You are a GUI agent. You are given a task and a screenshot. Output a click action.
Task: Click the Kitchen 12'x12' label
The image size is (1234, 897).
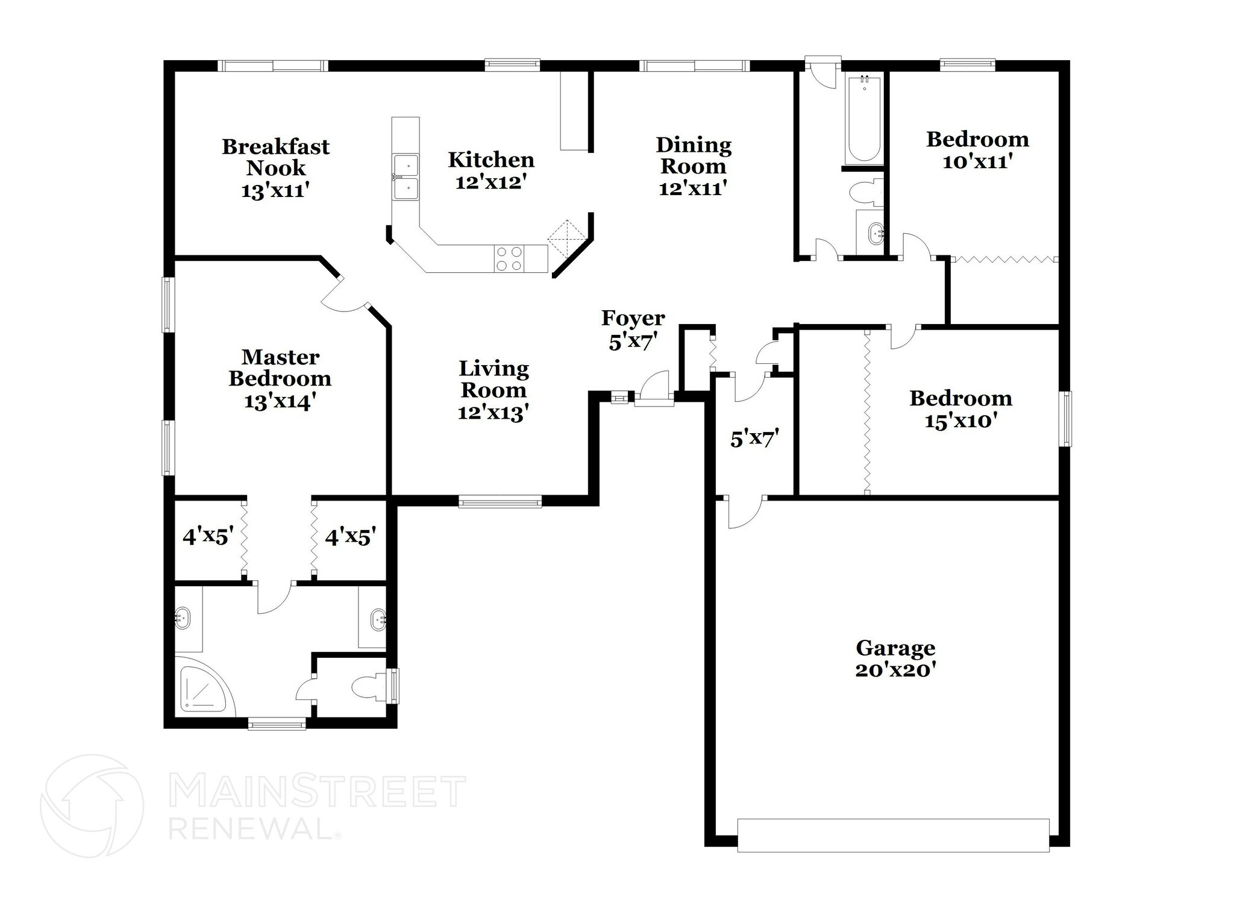(491, 170)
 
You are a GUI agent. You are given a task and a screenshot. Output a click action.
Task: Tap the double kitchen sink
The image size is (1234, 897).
(405, 176)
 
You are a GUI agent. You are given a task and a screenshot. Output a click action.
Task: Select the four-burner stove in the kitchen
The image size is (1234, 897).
(509, 259)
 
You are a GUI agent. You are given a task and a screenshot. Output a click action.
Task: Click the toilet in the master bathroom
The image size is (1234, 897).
(368, 687)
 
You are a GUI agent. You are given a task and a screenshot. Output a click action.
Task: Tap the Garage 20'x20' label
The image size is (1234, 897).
(895, 658)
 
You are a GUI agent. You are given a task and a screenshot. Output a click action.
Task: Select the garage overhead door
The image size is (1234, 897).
(893, 834)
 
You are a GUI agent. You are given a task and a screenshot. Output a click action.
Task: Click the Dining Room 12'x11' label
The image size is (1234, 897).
(693, 166)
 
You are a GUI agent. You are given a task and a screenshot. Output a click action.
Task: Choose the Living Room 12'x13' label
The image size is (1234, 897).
(493, 390)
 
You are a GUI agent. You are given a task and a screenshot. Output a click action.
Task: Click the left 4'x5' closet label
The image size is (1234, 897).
(208, 536)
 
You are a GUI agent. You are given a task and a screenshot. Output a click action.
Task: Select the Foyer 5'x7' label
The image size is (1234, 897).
(633, 329)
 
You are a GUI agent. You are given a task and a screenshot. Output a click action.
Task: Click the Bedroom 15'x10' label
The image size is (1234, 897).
(960, 408)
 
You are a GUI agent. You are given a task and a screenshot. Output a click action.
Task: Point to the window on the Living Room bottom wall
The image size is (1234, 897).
(500, 501)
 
